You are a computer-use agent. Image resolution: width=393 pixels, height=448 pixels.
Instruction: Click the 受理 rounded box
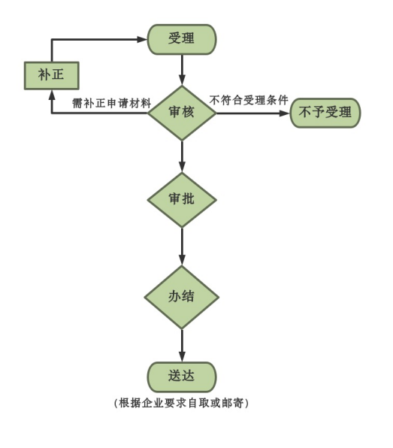(x=182, y=39)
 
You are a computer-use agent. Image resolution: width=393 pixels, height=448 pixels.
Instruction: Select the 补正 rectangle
(x=51, y=75)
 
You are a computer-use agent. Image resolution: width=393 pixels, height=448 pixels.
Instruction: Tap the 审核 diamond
(x=182, y=113)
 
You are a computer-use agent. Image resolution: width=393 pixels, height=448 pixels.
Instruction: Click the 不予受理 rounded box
(x=325, y=113)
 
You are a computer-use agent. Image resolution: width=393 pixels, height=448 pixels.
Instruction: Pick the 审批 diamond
(x=182, y=200)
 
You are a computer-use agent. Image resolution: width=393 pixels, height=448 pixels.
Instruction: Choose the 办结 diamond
(x=182, y=297)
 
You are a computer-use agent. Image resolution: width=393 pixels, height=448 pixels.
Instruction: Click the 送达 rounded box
(x=182, y=377)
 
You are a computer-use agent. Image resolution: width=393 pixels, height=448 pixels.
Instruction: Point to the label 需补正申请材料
(x=111, y=103)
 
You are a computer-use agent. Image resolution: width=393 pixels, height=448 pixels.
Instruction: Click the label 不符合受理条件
(x=249, y=100)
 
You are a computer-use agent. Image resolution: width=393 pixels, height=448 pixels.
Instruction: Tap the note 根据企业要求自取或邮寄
(x=181, y=403)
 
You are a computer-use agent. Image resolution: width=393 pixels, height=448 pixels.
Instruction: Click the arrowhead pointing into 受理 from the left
(x=142, y=39)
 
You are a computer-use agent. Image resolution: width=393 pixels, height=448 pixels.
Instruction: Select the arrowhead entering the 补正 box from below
(x=52, y=95)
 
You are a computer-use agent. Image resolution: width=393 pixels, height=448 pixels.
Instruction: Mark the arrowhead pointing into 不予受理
(x=285, y=114)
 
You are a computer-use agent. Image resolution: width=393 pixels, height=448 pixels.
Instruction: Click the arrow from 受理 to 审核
(x=182, y=70)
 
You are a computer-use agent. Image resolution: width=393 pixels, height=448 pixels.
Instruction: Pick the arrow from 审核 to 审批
(x=182, y=156)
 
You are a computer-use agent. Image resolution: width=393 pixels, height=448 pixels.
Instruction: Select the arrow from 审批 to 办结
(x=182, y=247)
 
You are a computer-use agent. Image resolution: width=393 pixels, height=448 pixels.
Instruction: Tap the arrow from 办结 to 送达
(x=182, y=346)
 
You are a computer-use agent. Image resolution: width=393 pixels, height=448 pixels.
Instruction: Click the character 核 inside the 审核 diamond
(x=188, y=112)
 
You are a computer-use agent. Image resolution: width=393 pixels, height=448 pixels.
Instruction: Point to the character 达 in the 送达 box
(x=188, y=376)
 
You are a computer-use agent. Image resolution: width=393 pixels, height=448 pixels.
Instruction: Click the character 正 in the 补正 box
(x=58, y=75)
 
